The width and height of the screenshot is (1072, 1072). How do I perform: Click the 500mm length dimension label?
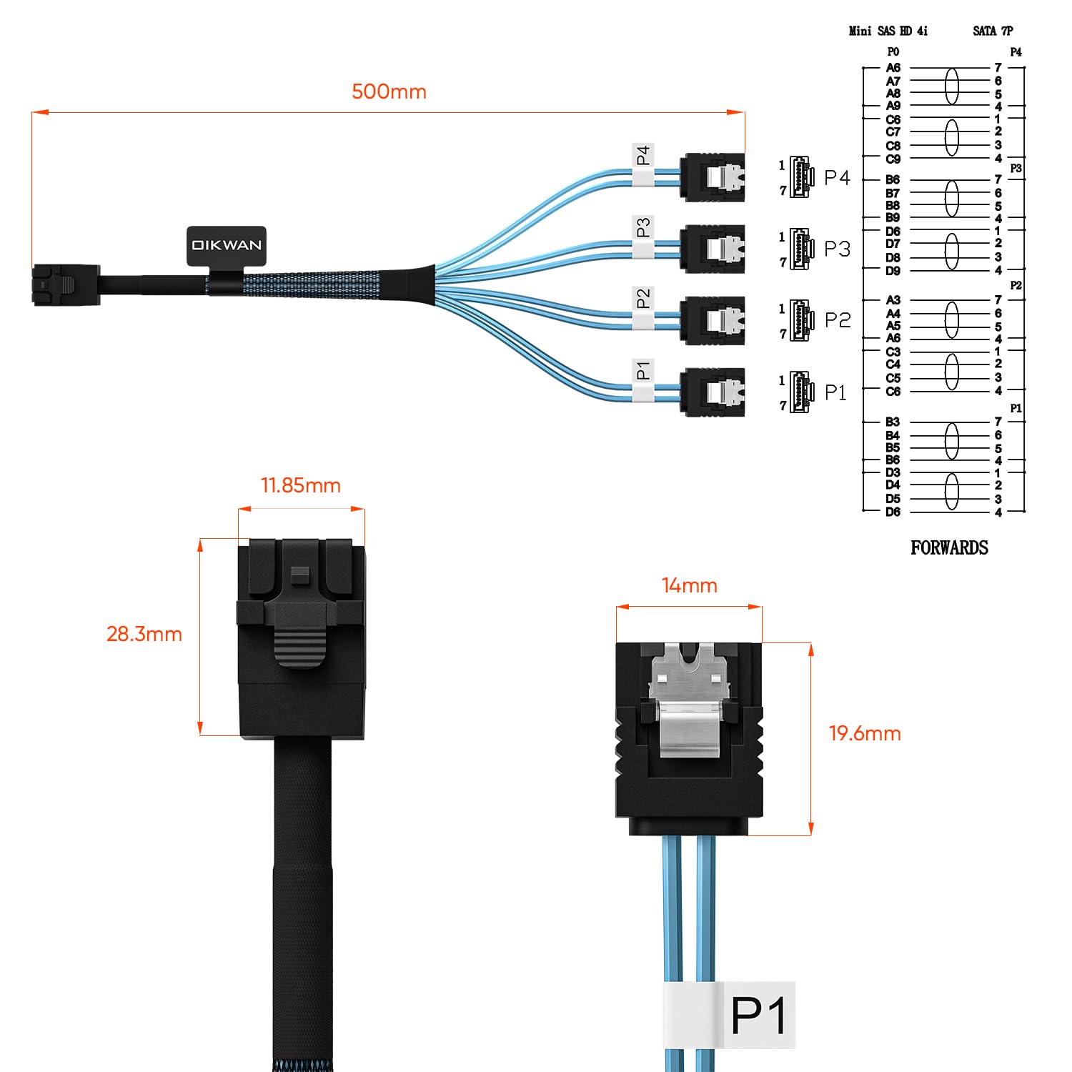(389, 91)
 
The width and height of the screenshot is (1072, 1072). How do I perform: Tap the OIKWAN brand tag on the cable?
(227, 245)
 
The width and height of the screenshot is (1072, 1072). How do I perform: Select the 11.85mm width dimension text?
(300, 485)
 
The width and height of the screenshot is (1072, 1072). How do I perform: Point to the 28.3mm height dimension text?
(144, 634)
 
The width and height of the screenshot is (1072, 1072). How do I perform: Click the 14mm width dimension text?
(689, 585)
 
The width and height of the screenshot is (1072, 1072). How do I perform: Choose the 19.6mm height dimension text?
(864, 733)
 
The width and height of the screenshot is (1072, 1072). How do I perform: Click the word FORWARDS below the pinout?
(948, 548)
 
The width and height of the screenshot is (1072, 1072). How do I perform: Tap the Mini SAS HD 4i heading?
(888, 31)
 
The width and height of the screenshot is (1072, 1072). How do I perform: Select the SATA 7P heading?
(992, 31)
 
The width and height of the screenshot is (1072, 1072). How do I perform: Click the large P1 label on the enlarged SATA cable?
(758, 1015)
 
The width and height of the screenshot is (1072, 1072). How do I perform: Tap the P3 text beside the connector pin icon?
(837, 249)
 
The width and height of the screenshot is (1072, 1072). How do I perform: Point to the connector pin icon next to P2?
(801, 320)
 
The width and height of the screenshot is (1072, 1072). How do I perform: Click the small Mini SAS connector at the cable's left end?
(64, 284)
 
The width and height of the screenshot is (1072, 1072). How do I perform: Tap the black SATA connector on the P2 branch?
(712, 320)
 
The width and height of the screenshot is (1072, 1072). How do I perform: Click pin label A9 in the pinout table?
(893, 106)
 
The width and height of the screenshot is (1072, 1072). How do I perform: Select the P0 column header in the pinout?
(893, 51)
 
